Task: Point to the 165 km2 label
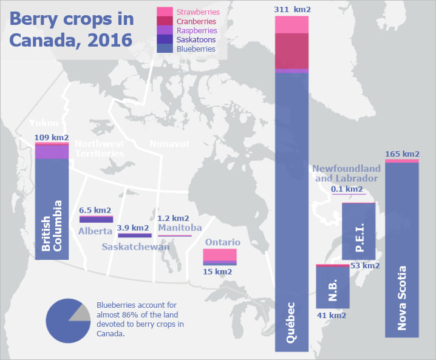coord(402,154)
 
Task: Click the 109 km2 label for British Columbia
coord(52,137)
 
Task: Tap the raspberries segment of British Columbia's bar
coord(52,152)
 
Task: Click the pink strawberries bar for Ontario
coord(219,255)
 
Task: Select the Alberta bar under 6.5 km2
coord(96,219)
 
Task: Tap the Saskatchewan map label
coord(135,247)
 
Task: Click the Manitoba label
coord(180,228)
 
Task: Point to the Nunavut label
coord(169,144)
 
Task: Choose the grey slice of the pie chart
coord(80,311)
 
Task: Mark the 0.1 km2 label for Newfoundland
coord(348,189)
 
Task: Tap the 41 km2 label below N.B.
coord(332,315)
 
